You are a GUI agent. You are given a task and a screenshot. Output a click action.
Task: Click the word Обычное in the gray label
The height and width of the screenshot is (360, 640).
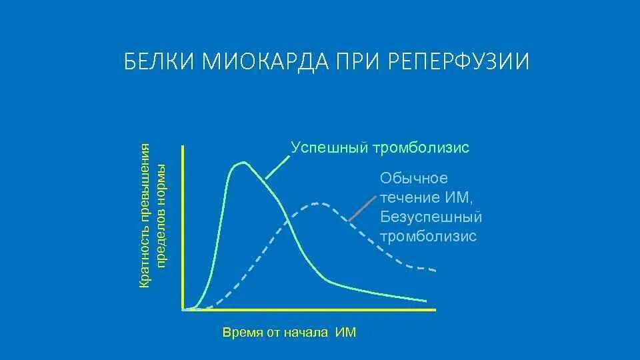pyautogui.click(x=414, y=179)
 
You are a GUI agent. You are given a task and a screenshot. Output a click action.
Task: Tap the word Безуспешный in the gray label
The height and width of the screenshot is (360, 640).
pyautogui.click(x=431, y=217)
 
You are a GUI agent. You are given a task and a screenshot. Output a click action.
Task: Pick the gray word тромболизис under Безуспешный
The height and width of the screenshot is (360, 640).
pyautogui.click(x=428, y=237)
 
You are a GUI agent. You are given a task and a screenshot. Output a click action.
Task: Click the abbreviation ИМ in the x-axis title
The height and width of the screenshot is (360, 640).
pyautogui.click(x=345, y=332)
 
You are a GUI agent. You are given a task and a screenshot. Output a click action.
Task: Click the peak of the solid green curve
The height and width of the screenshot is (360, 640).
pyautogui.click(x=244, y=162)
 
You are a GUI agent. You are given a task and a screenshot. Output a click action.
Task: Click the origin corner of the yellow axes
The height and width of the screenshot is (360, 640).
pyautogui.click(x=183, y=310)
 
